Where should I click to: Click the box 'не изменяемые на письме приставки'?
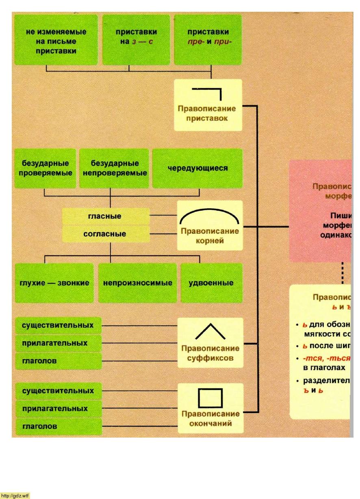(x=56, y=41)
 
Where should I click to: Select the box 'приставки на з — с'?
(x=136, y=40)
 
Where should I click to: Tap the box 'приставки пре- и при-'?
(x=208, y=40)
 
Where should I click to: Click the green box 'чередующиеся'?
(x=197, y=168)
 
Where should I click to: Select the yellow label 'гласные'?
(x=105, y=216)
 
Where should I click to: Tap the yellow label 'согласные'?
(x=105, y=234)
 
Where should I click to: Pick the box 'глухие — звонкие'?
(x=54, y=283)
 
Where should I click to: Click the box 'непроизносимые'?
(x=138, y=283)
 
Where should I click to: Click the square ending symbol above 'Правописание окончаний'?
(x=210, y=398)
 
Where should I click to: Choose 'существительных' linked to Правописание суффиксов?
(x=58, y=325)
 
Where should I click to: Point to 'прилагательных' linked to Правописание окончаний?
(x=55, y=409)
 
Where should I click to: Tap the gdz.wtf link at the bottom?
(x=15, y=496)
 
